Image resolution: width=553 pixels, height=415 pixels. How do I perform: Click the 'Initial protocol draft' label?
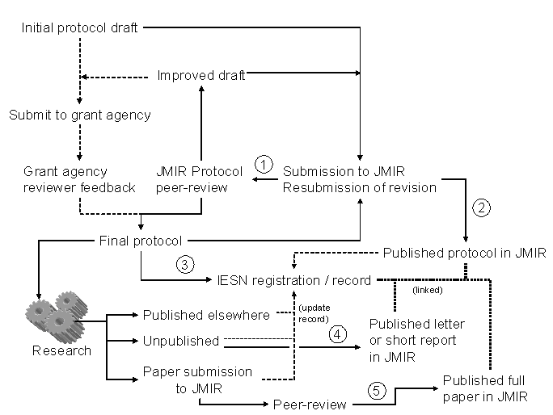[79, 28]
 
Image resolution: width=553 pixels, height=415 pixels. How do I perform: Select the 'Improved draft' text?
[201, 76]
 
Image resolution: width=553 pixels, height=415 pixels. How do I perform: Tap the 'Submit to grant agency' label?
[80, 115]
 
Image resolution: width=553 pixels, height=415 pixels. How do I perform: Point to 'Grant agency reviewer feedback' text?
[78, 180]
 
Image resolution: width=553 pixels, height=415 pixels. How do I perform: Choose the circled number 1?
[264, 163]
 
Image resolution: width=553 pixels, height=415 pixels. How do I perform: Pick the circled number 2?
[482, 207]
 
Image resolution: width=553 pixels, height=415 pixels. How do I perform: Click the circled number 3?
[185, 265]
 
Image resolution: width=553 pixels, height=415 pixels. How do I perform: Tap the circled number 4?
[337, 331]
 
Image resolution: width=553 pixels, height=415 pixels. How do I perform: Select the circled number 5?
[377, 389]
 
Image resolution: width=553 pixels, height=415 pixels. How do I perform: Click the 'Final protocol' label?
[140, 241]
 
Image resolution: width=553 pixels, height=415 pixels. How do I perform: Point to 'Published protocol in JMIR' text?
[465, 253]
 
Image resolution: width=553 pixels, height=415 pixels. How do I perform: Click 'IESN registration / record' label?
[293, 281]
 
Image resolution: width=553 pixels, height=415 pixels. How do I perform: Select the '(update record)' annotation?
[314, 313]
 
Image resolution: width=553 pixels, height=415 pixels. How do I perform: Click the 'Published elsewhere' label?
[206, 315]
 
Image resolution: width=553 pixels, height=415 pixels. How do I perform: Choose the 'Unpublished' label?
[181, 341]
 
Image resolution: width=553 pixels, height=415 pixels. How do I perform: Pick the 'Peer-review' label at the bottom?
[310, 404]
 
